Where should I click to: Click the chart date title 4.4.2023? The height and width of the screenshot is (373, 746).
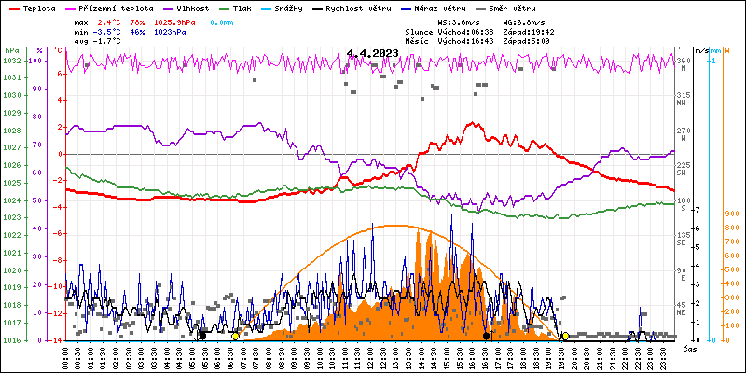pyautogui.click(x=372, y=54)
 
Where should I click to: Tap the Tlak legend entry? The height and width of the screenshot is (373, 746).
pyautogui.click(x=242, y=7)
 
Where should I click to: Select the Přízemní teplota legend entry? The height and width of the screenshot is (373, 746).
pyautogui.click(x=117, y=7)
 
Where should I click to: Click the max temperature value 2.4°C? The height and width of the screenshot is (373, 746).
pyautogui.click(x=110, y=21)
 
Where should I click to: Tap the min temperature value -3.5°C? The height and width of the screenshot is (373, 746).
pyautogui.click(x=108, y=31)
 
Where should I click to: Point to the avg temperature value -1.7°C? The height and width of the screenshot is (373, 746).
pyautogui.click(x=108, y=41)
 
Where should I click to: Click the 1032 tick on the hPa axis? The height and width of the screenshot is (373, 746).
pyautogui.click(x=11, y=61)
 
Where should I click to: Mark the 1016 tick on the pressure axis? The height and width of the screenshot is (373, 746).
pyautogui.click(x=11, y=339)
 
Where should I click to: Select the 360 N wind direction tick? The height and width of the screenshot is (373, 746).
pyautogui.click(x=683, y=62)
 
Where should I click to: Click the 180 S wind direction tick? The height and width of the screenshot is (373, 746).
pyautogui.click(x=683, y=201)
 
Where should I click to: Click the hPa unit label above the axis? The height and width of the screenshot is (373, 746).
pyautogui.click(x=10, y=50)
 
